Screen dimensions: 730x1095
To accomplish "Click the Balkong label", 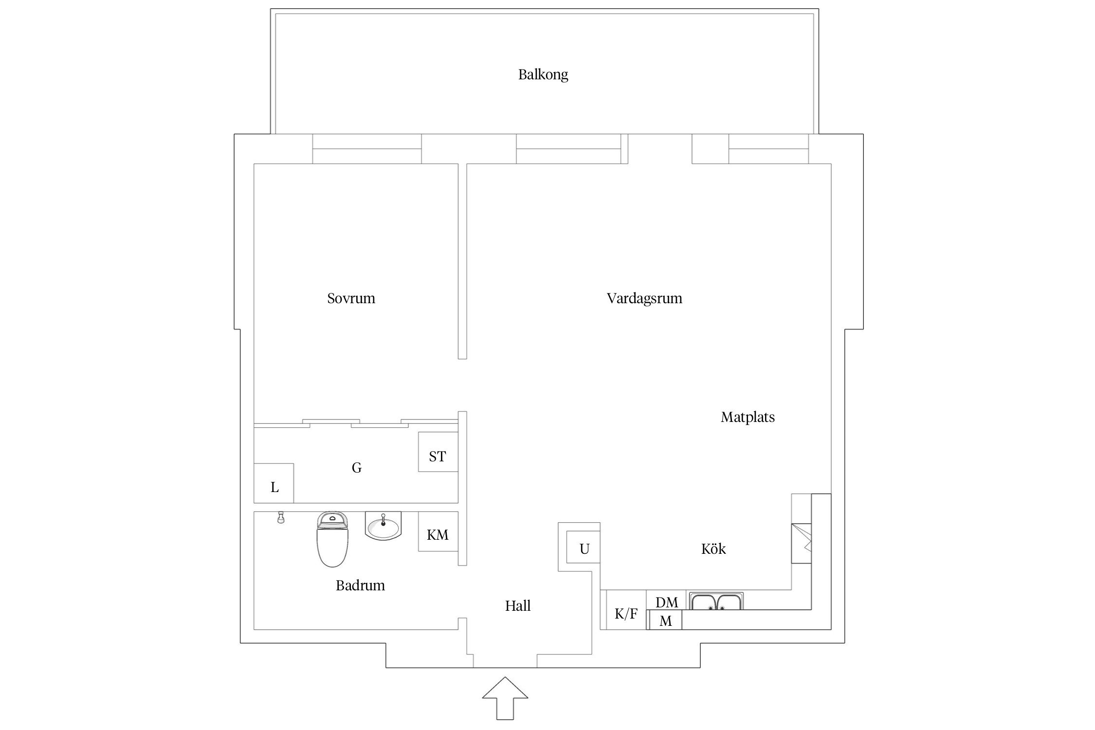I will [543, 74].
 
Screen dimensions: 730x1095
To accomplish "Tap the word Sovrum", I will [351, 298].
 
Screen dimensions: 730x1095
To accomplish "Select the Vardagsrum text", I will [644, 298].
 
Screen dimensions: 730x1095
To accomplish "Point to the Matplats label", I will [748, 417].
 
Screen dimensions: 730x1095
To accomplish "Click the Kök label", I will [713, 549].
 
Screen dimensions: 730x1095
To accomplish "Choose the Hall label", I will [517, 606].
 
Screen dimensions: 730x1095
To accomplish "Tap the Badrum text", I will [360, 585].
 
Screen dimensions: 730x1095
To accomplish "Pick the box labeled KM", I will [438, 535].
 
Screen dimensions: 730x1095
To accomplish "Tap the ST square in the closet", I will [438, 456].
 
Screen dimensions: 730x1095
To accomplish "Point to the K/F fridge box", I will [625, 614].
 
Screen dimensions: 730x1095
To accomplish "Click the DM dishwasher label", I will [666, 602].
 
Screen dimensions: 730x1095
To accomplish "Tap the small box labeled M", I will [665, 621].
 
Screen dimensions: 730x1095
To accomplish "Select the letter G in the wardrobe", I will [356, 468].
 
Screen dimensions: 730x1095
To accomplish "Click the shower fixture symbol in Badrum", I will [280, 518].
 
